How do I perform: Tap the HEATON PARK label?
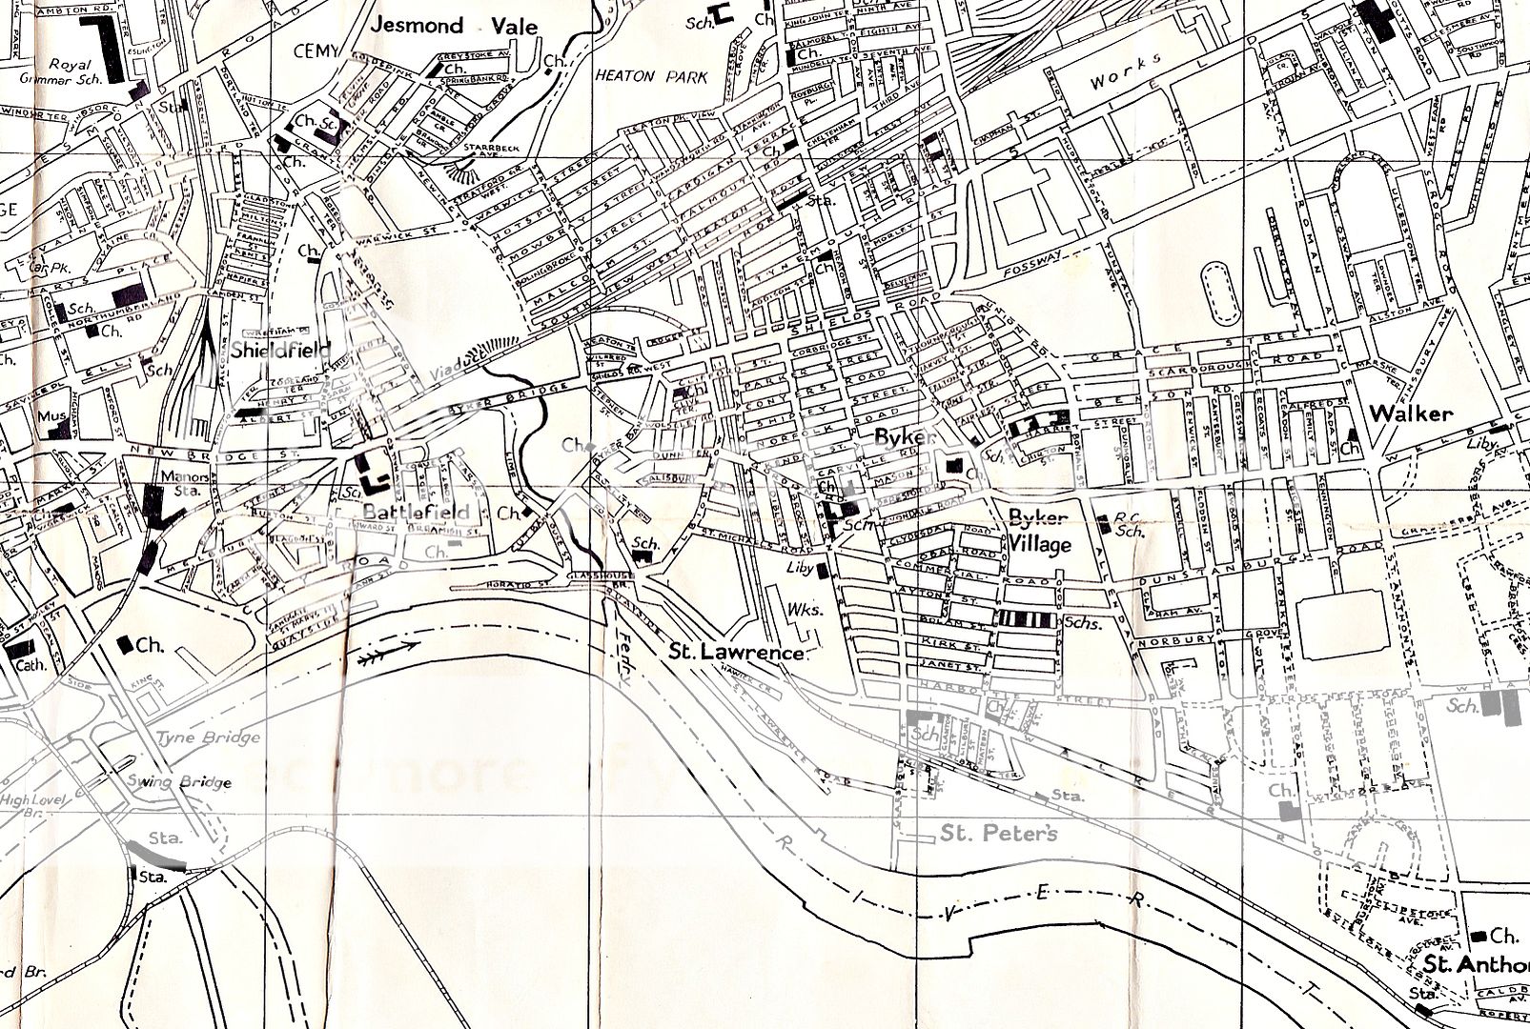coord(651,76)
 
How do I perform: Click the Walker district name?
coord(1411,414)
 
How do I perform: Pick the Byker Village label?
coord(1040,531)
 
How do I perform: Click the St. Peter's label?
coord(999,834)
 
